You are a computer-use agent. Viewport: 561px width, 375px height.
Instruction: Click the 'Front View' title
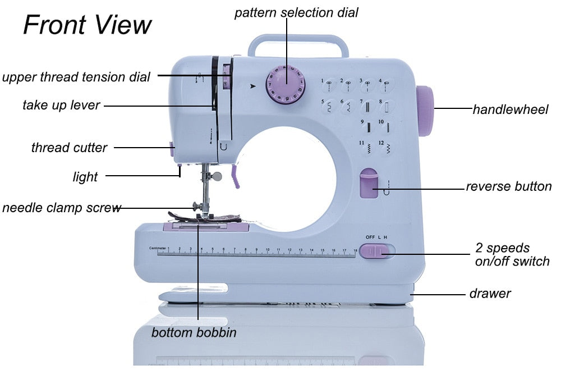click(88, 25)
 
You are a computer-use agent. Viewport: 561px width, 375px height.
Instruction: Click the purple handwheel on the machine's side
click(425, 111)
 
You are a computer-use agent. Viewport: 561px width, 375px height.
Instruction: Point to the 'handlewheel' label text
click(510, 109)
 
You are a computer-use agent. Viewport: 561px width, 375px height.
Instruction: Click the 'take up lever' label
click(61, 105)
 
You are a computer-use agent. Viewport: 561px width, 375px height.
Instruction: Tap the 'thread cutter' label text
click(69, 148)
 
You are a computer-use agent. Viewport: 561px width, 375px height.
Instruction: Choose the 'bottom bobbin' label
click(194, 332)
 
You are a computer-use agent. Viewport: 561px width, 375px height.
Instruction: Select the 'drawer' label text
click(490, 294)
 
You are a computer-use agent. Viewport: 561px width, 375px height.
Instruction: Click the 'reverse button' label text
click(508, 186)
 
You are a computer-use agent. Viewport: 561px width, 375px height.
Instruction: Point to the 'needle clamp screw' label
click(61, 208)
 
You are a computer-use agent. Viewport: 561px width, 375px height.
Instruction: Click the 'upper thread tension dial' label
click(76, 77)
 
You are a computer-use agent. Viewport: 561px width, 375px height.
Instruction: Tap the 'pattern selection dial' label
click(296, 12)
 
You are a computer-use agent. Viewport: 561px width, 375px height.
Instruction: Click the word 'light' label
click(85, 177)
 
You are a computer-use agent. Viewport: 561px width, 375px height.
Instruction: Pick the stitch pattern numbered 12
click(385, 147)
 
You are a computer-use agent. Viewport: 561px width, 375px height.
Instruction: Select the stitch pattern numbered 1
click(327, 85)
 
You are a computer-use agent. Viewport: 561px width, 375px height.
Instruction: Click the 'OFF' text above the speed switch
click(370, 237)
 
